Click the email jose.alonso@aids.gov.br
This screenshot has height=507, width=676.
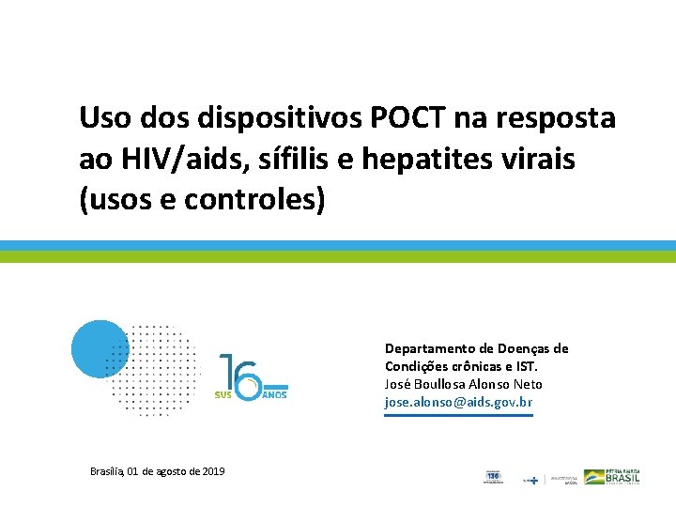(x=458, y=403)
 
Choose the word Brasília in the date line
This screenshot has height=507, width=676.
(x=107, y=471)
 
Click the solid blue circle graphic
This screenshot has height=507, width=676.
(x=99, y=349)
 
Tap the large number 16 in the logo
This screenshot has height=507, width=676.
(x=240, y=373)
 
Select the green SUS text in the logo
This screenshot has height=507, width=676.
(x=223, y=394)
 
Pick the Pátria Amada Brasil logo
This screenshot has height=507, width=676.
(x=613, y=477)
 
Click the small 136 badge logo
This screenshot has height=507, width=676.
(x=493, y=477)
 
